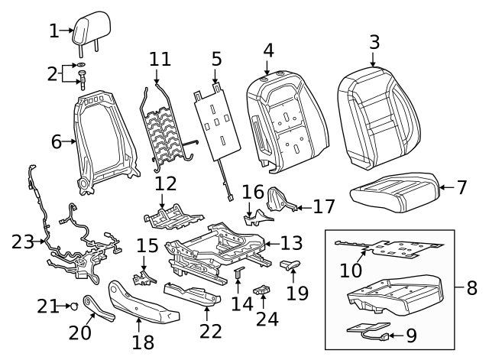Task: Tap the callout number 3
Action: pos(374,42)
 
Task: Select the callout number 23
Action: pos(22,243)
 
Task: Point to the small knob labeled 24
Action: pos(264,290)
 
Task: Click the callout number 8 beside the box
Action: pos(471,288)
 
